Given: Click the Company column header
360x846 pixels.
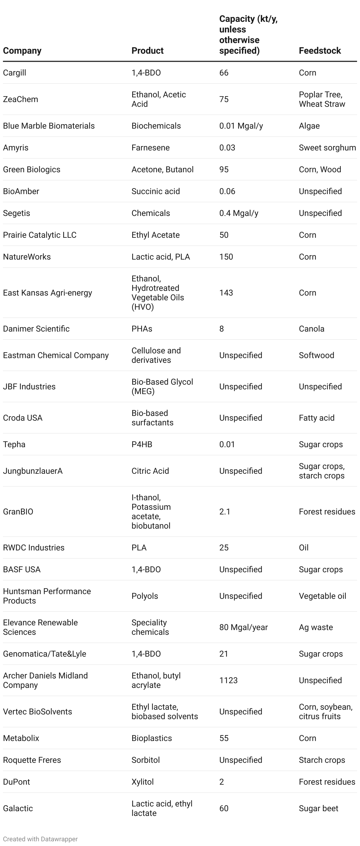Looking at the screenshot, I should tap(22, 50).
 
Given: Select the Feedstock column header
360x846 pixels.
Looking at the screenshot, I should tap(320, 50).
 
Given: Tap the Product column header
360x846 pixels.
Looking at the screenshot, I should tap(148, 50).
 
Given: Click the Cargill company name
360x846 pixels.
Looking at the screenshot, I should tap(14, 73).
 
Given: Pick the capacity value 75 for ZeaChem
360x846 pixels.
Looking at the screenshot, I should tap(224, 99).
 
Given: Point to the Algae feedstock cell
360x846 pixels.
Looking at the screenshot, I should tap(309, 126).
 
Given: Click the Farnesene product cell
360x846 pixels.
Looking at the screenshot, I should tap(150, 147).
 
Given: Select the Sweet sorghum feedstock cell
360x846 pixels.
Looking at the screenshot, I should tap(327, 147).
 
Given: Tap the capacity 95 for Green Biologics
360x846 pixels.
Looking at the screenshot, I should tap(224, 169).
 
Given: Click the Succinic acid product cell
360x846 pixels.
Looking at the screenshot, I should tap(156, 191).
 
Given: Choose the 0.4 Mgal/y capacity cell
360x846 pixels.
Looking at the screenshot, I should tap(239, 213).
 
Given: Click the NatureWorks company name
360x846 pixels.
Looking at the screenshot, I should tap(27, 257).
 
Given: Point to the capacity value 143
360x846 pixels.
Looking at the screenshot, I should tap(226, 293).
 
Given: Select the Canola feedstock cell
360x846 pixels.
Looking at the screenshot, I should tap(311, 329).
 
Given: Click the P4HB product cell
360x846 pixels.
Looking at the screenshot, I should tap(142, 444).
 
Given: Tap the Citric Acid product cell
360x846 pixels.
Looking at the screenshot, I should tap(150, 471).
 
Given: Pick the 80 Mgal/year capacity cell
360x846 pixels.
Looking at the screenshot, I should tap(243, 627).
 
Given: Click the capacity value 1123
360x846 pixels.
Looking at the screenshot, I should tap(228, 680).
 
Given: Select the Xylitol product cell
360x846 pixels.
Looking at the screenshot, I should tap(143, 782).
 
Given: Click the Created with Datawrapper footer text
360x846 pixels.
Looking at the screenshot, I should tap(40, 839).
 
